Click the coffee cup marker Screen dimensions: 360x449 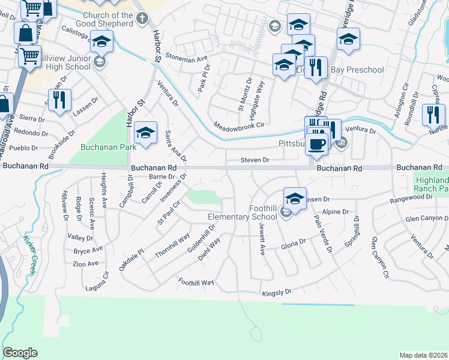click(316, 143)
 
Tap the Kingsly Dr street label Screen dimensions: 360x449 click(276, 293)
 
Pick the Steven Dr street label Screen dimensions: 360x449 click(255, 160)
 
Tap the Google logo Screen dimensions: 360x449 click(20, 353)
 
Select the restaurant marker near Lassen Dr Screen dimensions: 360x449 click(59, 100)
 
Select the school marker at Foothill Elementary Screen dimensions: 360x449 click(295, 197)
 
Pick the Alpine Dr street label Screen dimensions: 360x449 click(336, 212)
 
